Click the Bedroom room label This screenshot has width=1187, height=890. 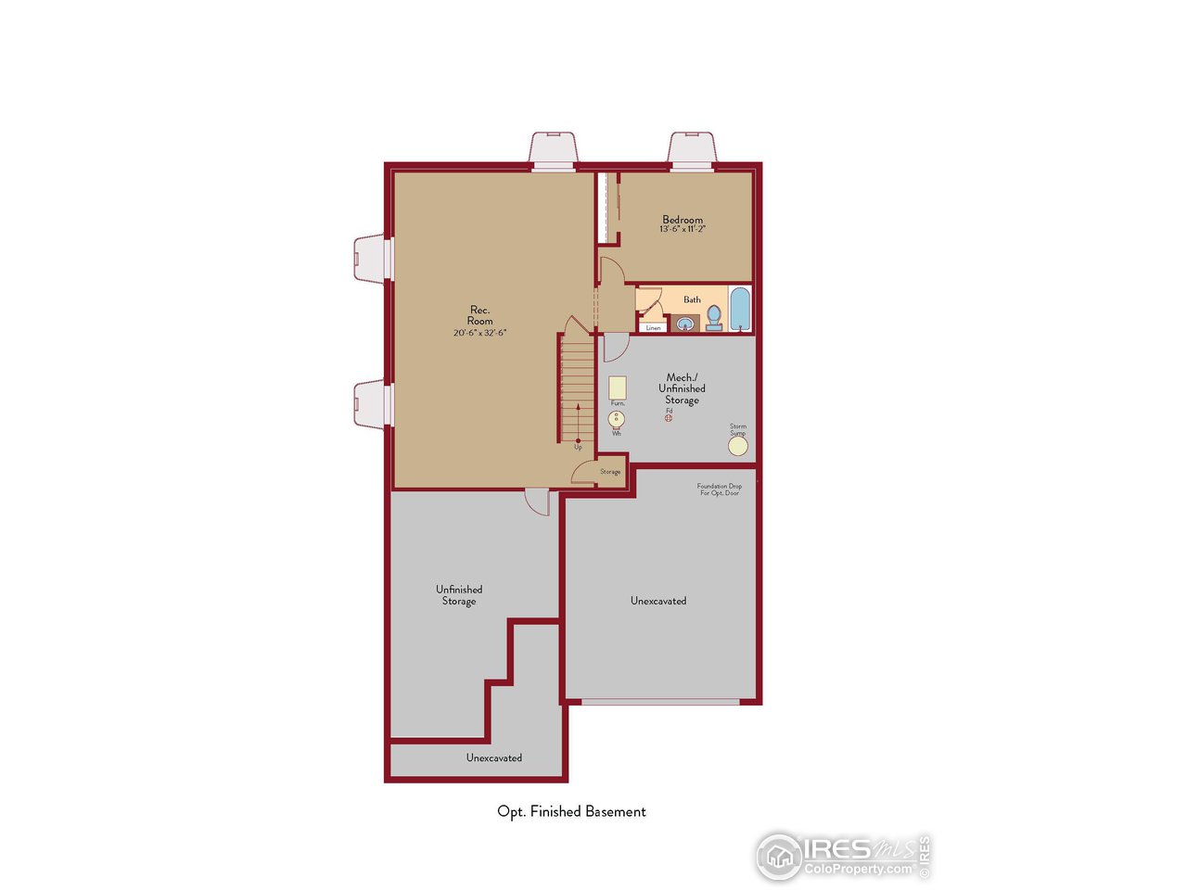click(683, 220)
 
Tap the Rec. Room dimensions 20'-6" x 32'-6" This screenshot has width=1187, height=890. click(479, 333)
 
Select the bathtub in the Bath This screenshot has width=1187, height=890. click(739, 310)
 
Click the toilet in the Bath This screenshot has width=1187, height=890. click(714, 318)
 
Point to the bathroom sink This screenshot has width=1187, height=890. click(685, 324)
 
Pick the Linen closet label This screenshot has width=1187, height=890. click(654, 328)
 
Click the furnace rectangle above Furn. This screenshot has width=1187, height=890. click(617, 388)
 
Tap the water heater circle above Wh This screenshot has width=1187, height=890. click(617, 419)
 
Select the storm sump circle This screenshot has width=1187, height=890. click(737, 446)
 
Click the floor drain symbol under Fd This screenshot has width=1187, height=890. click(669, 418)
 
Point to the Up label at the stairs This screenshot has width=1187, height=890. click(578, 448)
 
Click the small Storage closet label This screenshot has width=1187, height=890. click(610, 472)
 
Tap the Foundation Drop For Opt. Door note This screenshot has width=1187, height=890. click(720, 489)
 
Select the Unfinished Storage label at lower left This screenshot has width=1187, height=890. click(459, 595)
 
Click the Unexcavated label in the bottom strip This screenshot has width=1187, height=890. click(493, 758)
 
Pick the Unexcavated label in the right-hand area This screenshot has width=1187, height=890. click(658, 601)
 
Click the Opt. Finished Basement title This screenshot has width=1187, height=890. click(571, 811)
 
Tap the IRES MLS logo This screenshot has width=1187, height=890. click(842, 855)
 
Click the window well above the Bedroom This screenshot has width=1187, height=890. click(693, 148)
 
